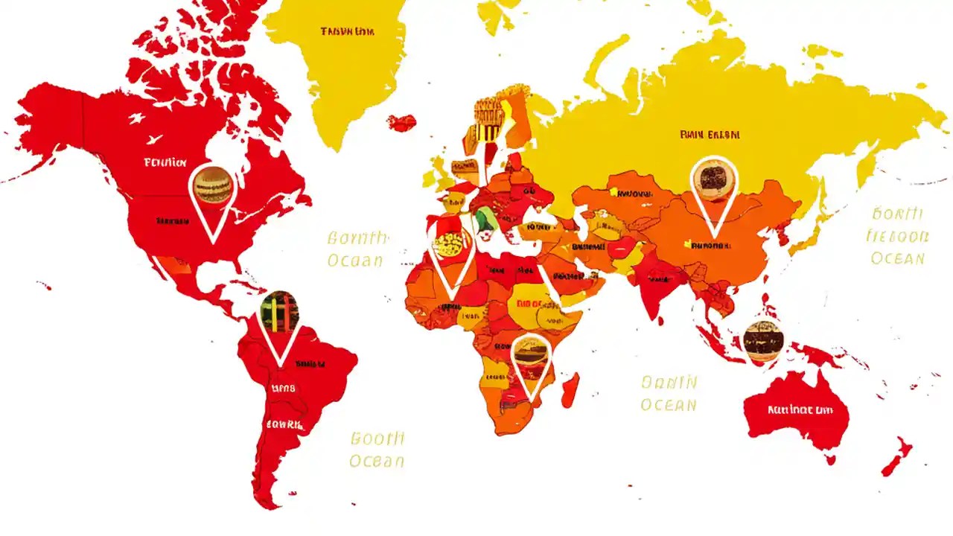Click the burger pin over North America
point(212,186)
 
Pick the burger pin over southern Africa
point(531,354)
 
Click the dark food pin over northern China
point(713,179)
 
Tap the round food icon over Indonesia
point(763,340)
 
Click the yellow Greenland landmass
point(342,67)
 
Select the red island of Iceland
point(402,122)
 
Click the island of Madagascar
point(570,390)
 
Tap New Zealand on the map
point(897,456)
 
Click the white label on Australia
point(799,409)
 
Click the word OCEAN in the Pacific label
point(898,258)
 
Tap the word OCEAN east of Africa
point(669,405)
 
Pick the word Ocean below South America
point(377,461)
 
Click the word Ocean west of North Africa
point(356,261)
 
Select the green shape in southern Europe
point(485,218)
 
